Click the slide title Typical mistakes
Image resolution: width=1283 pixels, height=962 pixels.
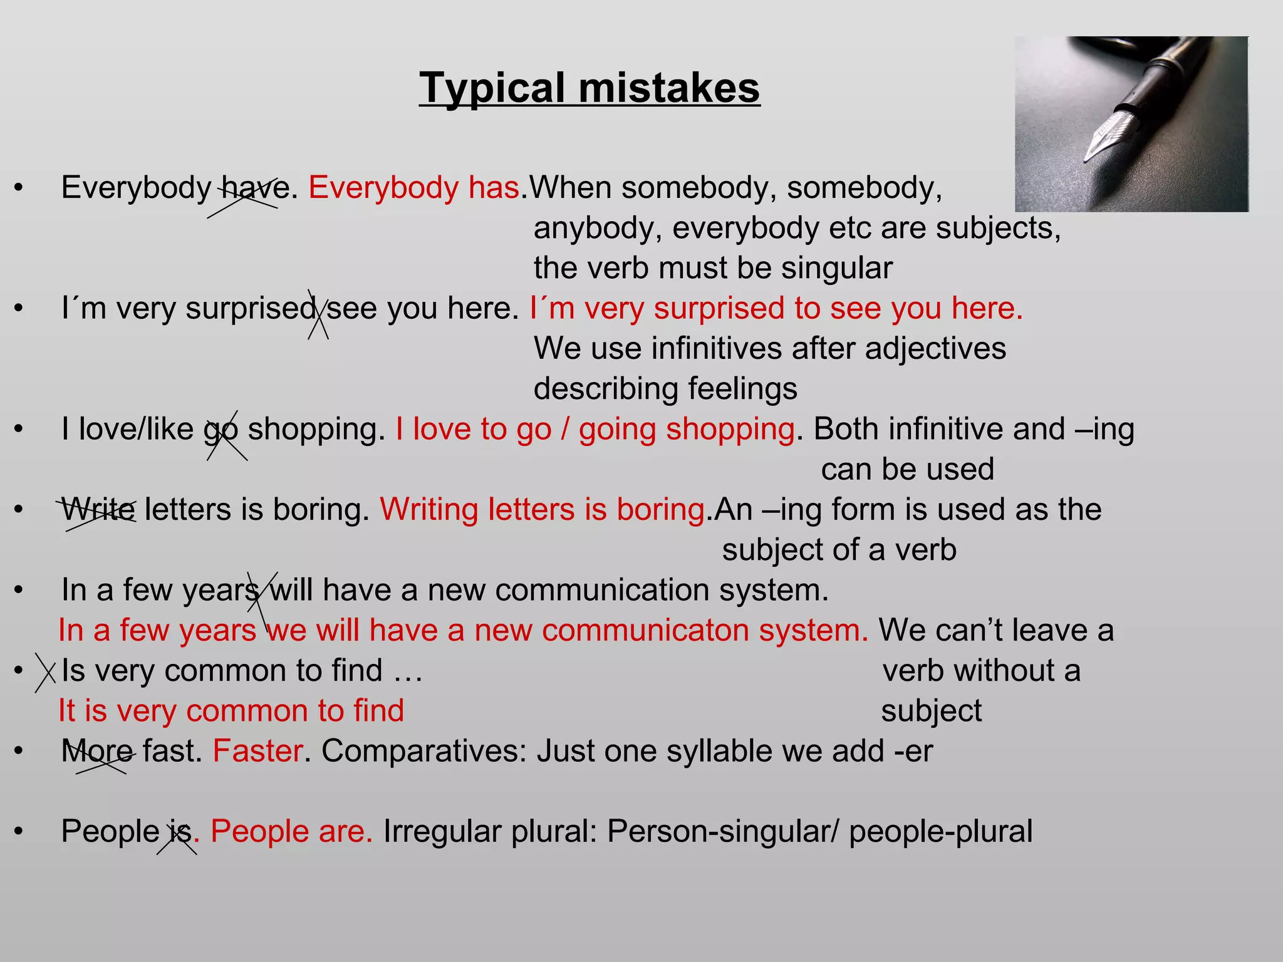click(x=590, y=88)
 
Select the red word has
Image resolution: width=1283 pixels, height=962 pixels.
click(x=494, y=187)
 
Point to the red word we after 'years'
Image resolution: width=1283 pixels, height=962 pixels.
click(x=286, y=631)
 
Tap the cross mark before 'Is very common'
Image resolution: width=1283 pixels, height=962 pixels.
click(x=45, y=672)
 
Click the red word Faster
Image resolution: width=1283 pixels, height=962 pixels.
click(x=257, y=752)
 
